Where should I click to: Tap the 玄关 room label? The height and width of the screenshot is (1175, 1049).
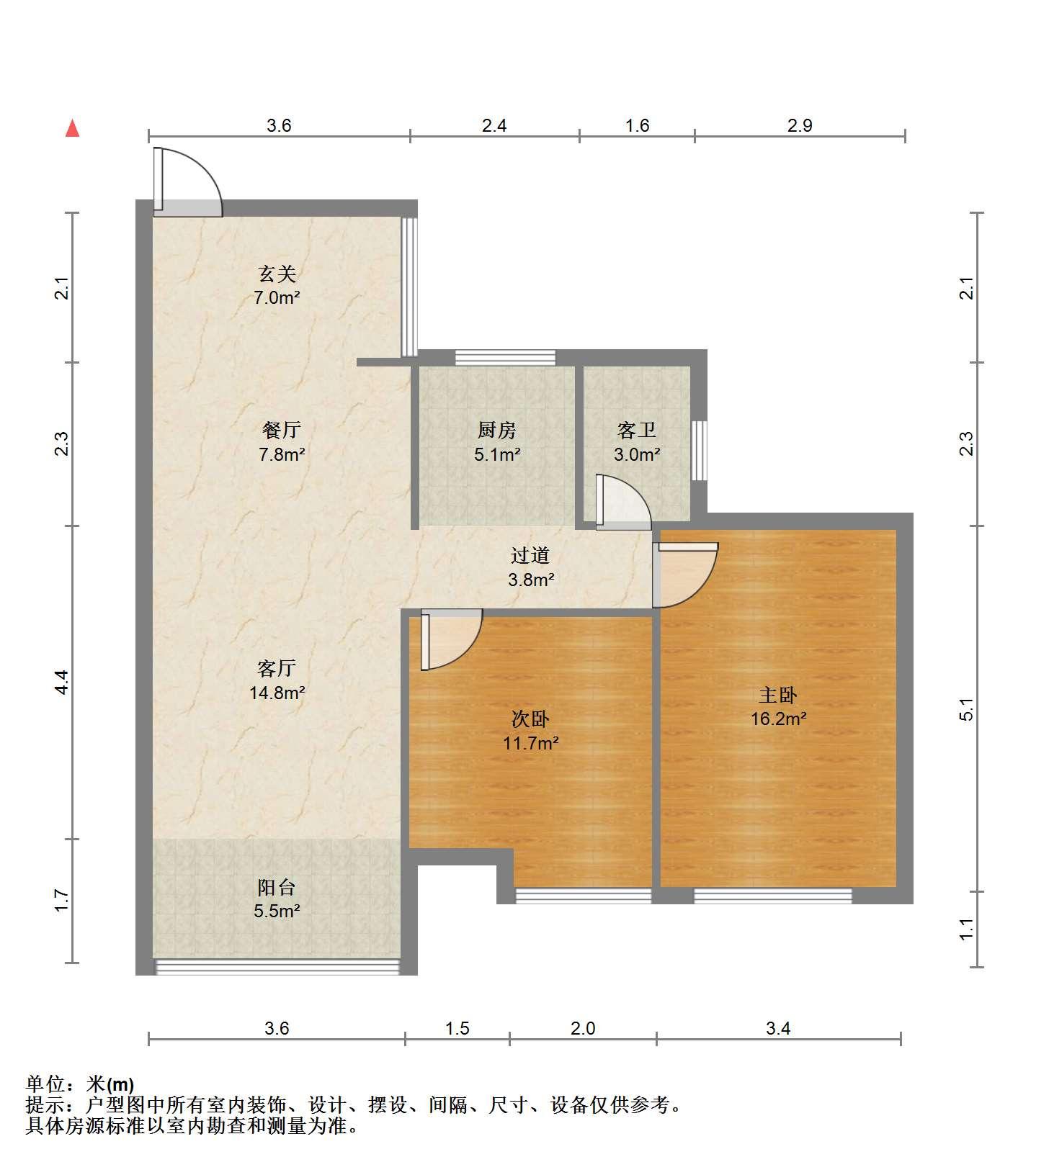click(x=277, y=274)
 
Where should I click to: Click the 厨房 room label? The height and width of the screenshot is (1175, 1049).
click(x=497, y=431)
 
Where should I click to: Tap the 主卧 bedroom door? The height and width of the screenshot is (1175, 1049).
click(x=684, y=575)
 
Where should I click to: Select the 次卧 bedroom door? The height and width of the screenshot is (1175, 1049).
click(x=451, y=640)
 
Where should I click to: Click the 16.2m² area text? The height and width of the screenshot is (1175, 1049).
click(x=779, y=719)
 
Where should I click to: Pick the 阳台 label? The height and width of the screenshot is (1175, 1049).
click(x=277, y=887)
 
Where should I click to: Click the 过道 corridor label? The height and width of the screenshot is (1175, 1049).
click(x=530, y=555)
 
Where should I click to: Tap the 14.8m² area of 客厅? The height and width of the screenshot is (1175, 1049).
click(x=277, y=693)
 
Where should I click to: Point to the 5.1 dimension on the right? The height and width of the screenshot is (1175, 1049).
click(x=967, y=709)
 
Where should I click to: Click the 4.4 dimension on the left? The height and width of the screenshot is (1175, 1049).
click(x=62, y=682)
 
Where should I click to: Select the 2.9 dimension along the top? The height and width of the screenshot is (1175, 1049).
click(x=800, y=126)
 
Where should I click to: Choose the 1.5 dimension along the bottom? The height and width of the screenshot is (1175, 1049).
click(x=457, y=1028)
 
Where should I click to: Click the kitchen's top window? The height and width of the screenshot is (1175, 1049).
click(x=505, y=358)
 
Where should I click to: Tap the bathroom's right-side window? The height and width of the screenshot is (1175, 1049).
click(x=699, y=451)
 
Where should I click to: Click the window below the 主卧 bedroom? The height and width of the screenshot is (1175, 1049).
click(x=773, y=896)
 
